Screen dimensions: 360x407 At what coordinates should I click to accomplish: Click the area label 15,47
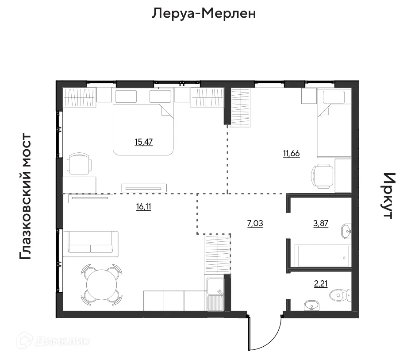tap(143, 142)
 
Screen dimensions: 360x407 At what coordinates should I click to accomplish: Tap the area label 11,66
tap(292, 154)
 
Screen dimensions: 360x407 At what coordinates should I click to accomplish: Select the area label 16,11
tap(143, 206)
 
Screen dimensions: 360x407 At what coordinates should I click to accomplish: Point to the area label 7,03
tap(254, 224)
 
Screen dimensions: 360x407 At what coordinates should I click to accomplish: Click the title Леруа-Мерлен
tap(204, 14)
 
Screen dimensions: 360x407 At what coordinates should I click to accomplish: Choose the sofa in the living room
tap(91, 244)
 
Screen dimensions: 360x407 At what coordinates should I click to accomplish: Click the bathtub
tap(323, 256)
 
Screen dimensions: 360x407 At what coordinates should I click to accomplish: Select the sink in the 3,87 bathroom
tap(346, 230)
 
